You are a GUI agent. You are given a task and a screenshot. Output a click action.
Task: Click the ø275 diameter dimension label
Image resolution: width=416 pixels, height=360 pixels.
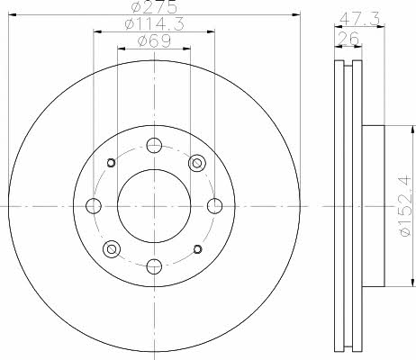click(x=154, y=6)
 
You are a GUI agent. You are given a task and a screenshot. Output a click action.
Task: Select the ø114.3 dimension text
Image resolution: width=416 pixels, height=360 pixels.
click(x=154, y=23)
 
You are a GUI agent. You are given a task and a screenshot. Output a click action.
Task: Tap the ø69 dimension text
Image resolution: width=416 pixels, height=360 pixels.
click(x=154, y=40)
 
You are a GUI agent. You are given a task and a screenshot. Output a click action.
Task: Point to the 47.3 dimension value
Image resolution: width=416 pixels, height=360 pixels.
click(x=359, y=19)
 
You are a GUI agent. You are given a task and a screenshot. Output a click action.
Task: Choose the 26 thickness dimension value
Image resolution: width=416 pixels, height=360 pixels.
click(x=348, y=38)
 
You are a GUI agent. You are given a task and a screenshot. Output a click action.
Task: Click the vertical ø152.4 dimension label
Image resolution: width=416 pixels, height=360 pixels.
click(x=405, y=206)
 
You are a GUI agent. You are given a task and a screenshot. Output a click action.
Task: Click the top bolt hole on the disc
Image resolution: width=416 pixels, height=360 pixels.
click(x=154, y=146)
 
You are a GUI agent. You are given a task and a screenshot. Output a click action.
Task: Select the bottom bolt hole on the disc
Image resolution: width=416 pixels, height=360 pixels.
click(x=154, y=266)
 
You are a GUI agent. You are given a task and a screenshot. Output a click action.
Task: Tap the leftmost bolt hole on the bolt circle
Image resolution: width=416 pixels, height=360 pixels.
click(x=94, y=206)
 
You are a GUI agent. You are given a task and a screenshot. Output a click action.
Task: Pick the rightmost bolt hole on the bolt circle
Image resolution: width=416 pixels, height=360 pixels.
click(x=215, y=206)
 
